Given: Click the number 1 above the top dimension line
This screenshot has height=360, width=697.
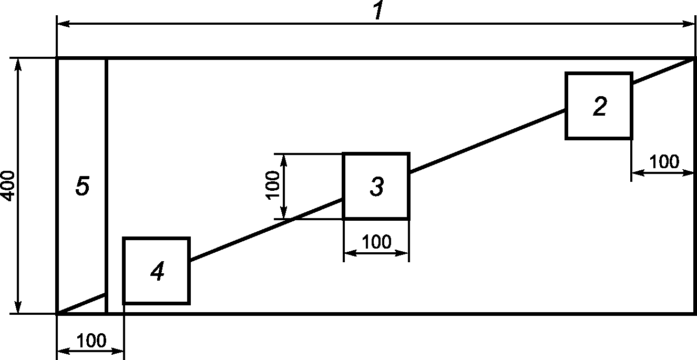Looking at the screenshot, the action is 377,12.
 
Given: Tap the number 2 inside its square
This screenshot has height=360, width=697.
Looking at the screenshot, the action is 599,106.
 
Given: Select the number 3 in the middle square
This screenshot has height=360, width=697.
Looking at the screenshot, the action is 376,187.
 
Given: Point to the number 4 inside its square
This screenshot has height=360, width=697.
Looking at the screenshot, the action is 157,272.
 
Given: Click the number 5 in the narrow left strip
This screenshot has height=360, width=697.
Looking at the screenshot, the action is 82,187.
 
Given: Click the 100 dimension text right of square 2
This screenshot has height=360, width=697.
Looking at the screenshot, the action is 664,161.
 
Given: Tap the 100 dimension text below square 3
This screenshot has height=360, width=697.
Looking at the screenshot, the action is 376,242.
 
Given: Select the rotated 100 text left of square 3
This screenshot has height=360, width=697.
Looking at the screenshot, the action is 273,186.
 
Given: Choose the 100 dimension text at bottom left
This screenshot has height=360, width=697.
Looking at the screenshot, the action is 91,341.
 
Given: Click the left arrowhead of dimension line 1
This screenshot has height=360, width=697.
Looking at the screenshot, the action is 61,24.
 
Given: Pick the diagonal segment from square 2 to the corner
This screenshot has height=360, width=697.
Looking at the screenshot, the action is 663,70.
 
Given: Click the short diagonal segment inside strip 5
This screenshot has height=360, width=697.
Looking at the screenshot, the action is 82,303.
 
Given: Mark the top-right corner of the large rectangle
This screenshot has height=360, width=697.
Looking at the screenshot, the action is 695,58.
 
